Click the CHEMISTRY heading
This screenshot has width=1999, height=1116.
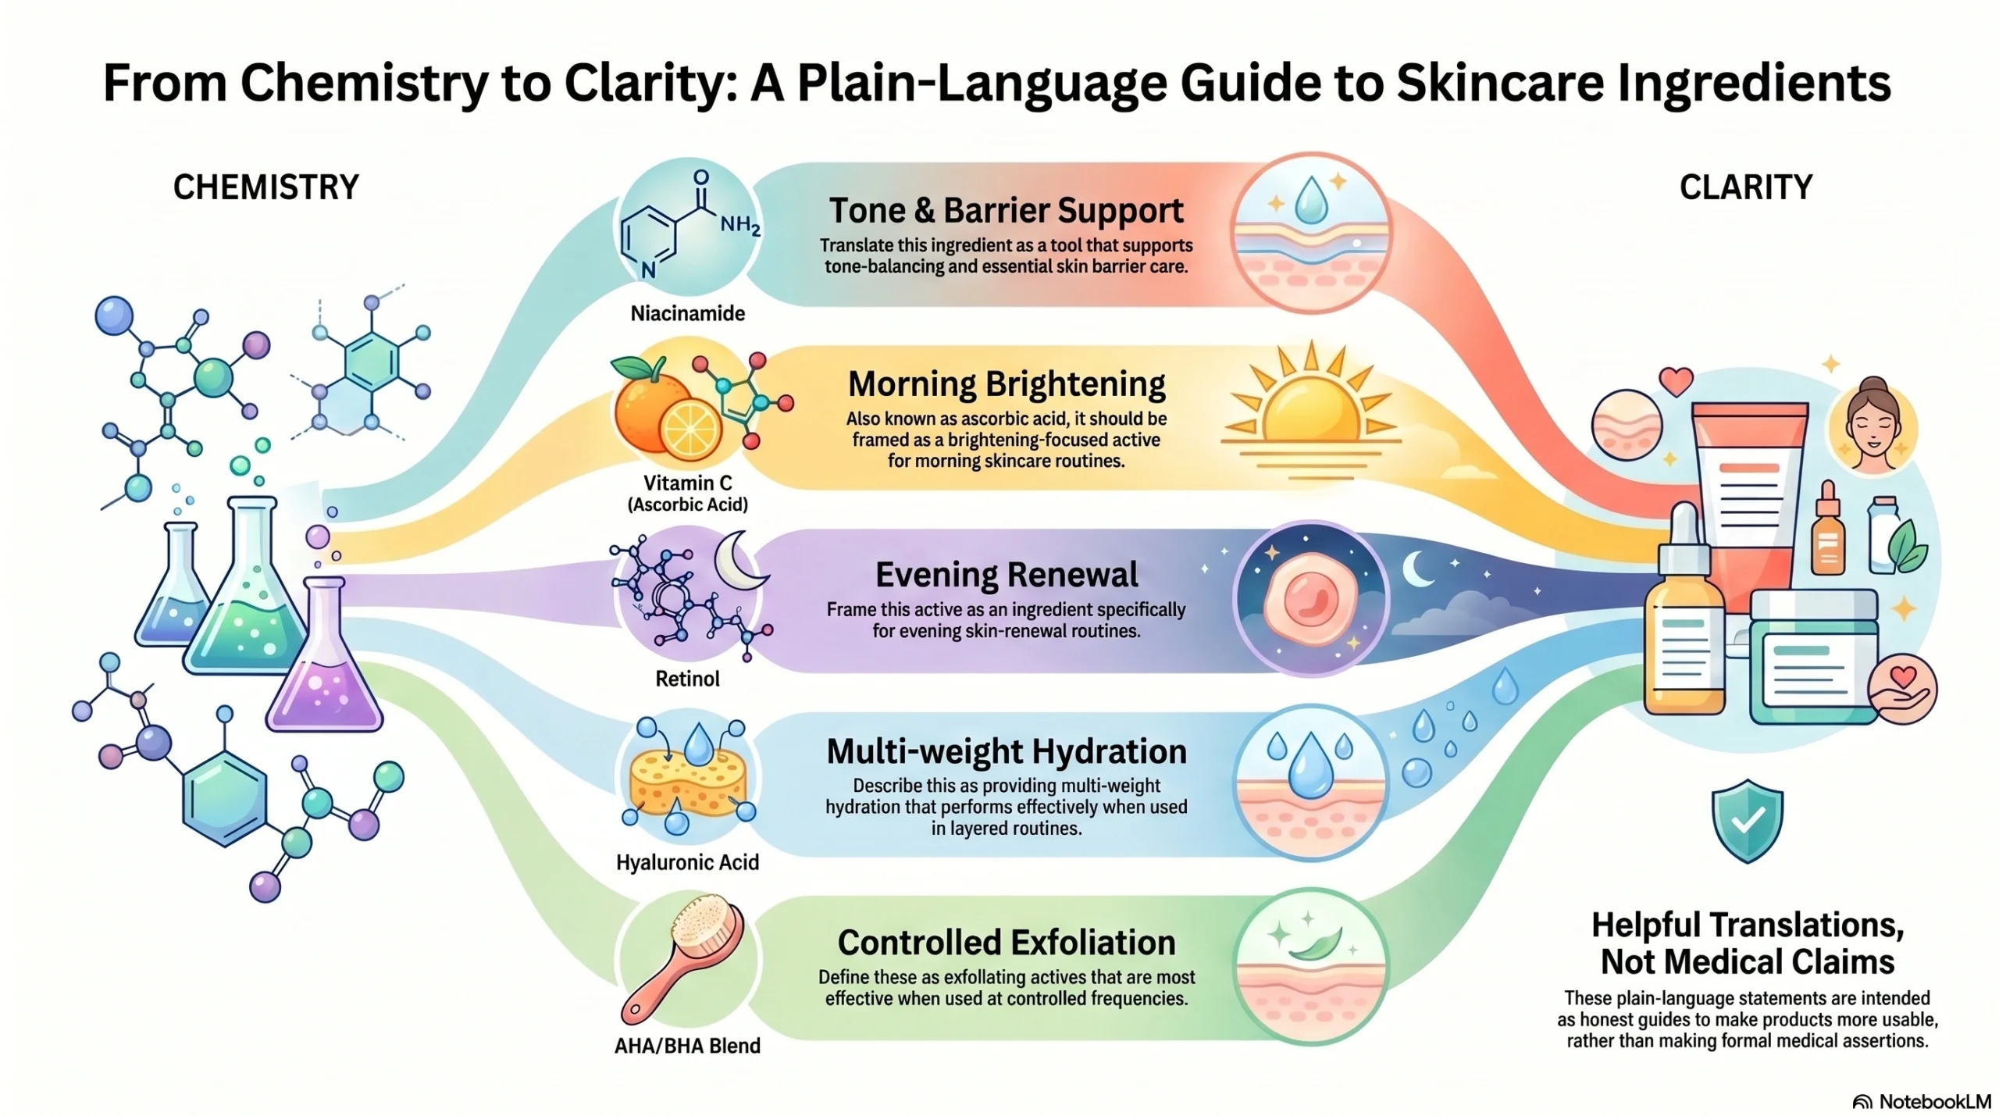pos(265,187)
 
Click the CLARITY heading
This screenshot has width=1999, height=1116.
pos(1746,187)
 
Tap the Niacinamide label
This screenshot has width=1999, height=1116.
pos(687,313)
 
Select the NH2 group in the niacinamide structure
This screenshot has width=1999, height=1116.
pos(739,225)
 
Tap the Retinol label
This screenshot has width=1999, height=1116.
pos(687,679)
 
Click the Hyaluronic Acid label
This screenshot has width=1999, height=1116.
pos(687,862)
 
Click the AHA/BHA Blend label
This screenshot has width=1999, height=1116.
pos(687,1046)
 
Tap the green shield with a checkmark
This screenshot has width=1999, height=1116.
pos(1747,820)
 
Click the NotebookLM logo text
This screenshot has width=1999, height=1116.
pos(1933,1101)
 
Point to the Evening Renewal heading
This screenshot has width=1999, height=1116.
pos(1006,575)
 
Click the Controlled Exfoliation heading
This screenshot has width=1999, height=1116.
pos(1006,943)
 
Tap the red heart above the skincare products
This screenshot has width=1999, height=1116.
pos(1676,382)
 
